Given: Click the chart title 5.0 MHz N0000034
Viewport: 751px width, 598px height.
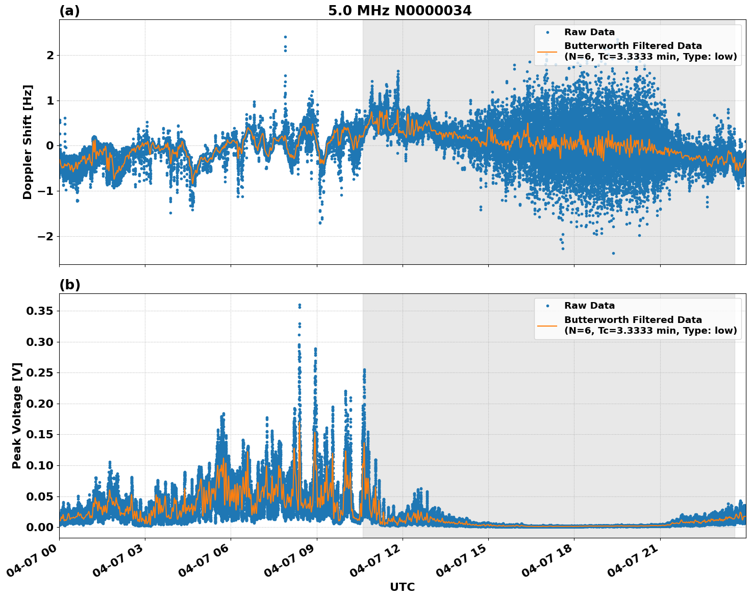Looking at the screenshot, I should [x=399, y=11].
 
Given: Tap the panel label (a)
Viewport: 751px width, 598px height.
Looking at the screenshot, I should [x=69, y=11].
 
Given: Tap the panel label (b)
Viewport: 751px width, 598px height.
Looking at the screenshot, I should [x=69, y=285].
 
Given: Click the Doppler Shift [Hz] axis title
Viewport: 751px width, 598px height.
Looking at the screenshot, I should [x=28, y=142].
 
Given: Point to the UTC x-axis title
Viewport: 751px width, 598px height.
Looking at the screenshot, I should [x=402, y=587].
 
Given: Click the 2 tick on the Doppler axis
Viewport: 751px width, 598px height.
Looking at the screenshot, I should [x=50, y=55].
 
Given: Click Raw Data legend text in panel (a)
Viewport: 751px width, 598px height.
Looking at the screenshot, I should [x=589, y=32].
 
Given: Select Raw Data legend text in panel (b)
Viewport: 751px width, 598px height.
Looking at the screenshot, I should [x=589, y=306].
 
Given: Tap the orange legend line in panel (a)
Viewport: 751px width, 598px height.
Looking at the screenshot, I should [x=547, y=52].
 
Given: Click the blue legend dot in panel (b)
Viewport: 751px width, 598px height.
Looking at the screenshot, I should [x=547, y=306].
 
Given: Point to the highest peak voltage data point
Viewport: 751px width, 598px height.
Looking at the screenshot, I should [x=299, y=305].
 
